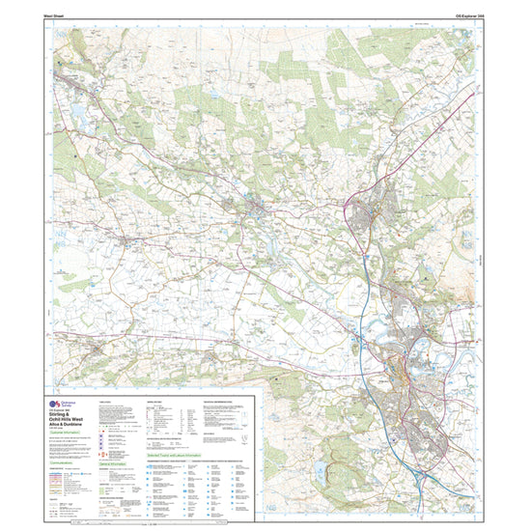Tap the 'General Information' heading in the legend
pos(116,462)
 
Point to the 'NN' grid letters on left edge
pos(47,272)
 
